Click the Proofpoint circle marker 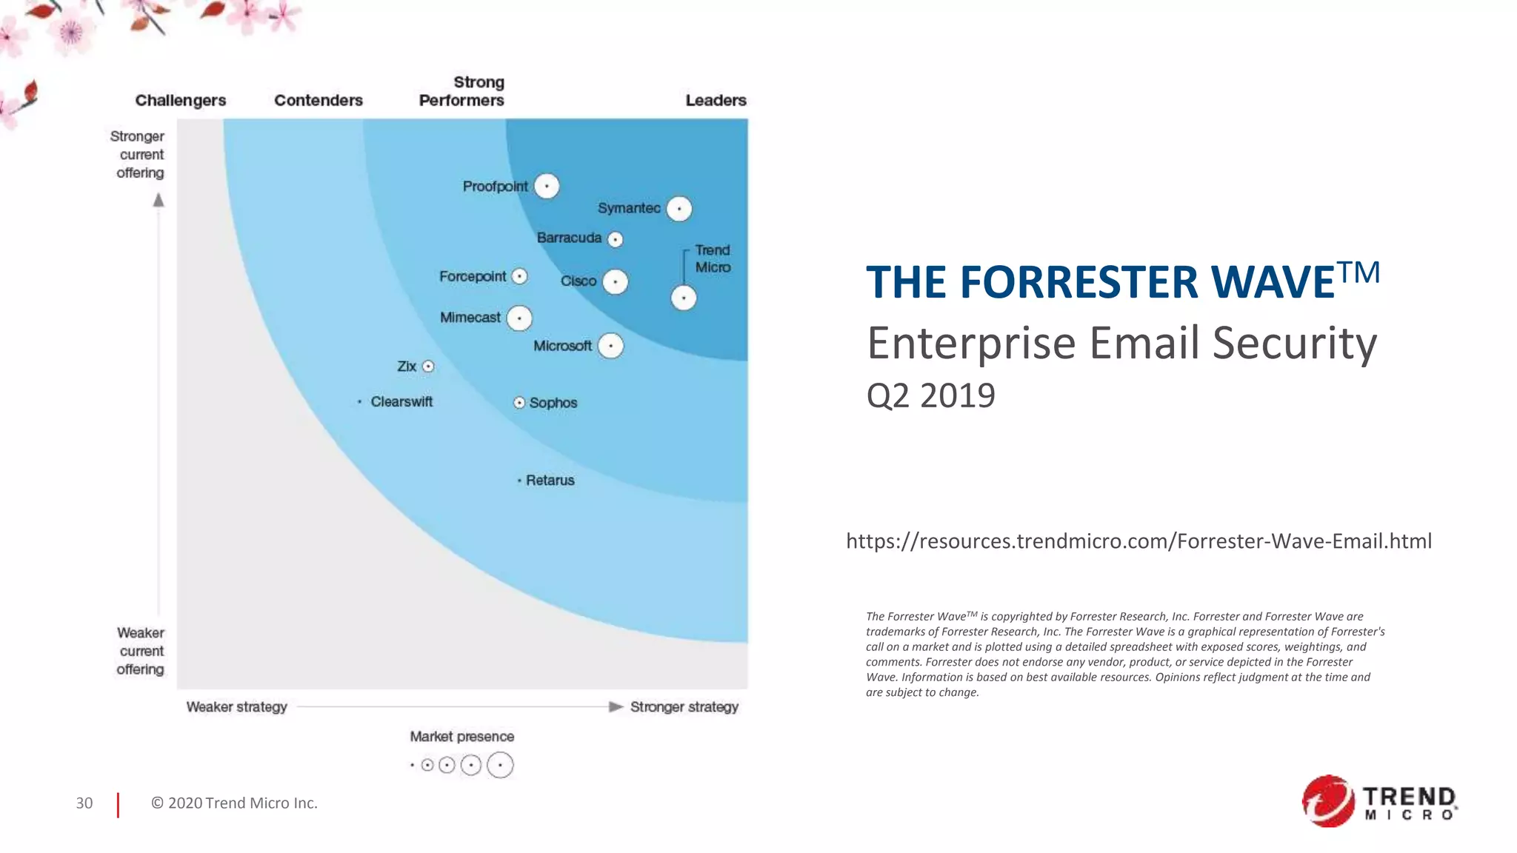tap(547, 186)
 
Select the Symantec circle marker tap(679, 209)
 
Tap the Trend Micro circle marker tap(684, 298)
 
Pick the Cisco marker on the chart tap(615, 281)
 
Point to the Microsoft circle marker tap(610, 346)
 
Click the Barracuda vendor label tap(569, 238)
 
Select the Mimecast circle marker tap(519, 318)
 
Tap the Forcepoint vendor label tap(473, 276)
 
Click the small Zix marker tap(428, 367)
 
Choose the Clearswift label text tap(401, 401)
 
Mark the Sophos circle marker tap(519, 403)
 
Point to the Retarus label tap(550, 481)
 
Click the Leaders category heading tap(716, 100)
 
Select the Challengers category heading tap(181, 100)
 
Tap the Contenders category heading tap(319, 100)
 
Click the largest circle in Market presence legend tap(500, 765)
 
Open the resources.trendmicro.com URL tap(1138, 541)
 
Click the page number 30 tap(84, 803)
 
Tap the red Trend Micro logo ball tap(1328, 801)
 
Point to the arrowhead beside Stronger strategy tap(616, 707)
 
